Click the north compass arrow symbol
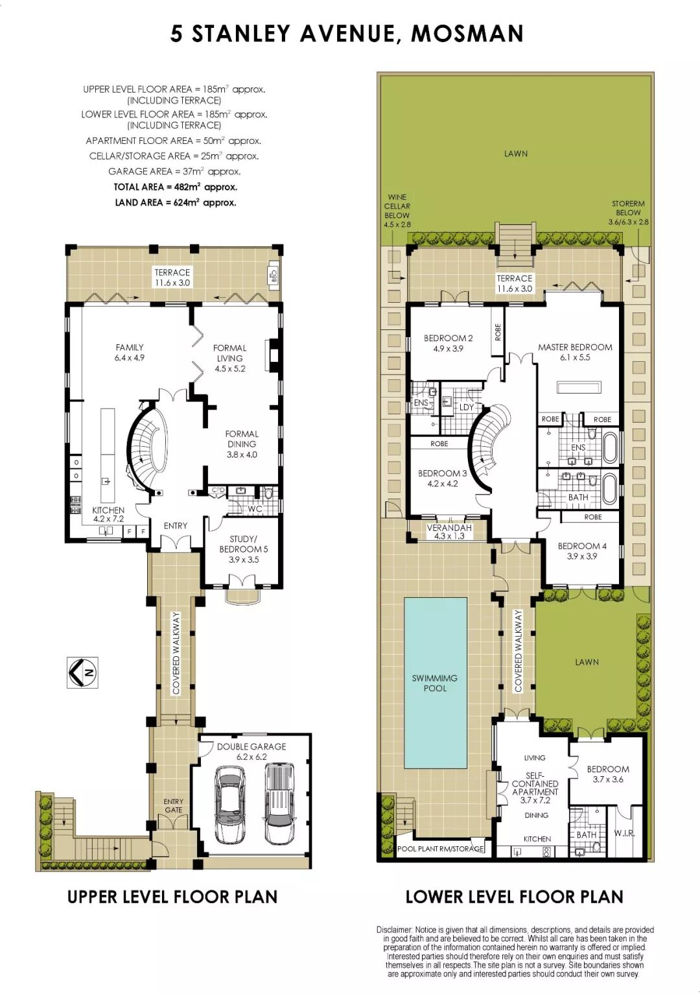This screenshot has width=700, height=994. coord(82,672)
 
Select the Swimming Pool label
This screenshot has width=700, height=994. coord(435,683)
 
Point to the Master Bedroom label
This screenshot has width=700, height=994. coord(575,352)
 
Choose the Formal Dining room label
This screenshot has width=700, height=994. coord(242,444)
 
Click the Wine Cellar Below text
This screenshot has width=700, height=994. coord(397,211)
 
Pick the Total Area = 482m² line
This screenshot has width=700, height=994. coord(175,187)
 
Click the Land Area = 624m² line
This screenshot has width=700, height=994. coord(175,202)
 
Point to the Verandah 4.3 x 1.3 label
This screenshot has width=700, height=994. coord(449,532)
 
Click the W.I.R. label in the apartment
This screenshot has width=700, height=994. coord(624,833)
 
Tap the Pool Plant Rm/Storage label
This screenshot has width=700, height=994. coord(440,849)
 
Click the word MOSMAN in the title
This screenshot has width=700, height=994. coord(467,33)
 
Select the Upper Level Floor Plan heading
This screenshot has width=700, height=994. coord(172,896)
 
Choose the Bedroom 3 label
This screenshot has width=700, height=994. coord(442,479)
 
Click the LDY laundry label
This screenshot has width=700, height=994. coord(466,407)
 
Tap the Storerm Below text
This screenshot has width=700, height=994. coord(628,213)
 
